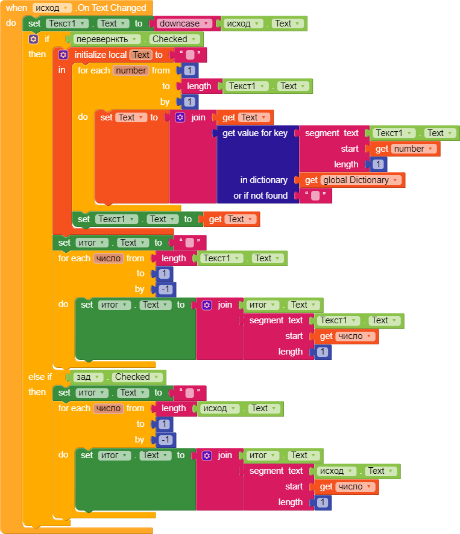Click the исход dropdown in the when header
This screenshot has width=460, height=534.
pos(52,8)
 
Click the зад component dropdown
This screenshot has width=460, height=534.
pos(88,377)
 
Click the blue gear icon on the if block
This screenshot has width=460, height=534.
pos(34,39)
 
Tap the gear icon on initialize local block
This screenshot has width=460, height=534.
pos(63,55)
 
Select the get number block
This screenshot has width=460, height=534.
pos(403,149)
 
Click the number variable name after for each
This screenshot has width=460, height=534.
pos(131,70)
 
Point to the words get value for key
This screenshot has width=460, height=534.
pos(255,133)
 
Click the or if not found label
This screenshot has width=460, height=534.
pos(260,196)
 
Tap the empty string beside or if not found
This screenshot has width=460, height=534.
pos(315,196)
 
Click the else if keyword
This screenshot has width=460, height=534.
pos(40,377)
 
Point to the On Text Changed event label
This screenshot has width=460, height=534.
pos(112,8)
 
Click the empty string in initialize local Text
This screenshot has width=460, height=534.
pos(191,55)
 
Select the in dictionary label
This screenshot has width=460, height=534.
pos(264,180)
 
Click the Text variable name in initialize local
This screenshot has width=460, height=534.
pos(141,55)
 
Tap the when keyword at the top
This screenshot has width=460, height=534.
pos(17,8)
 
